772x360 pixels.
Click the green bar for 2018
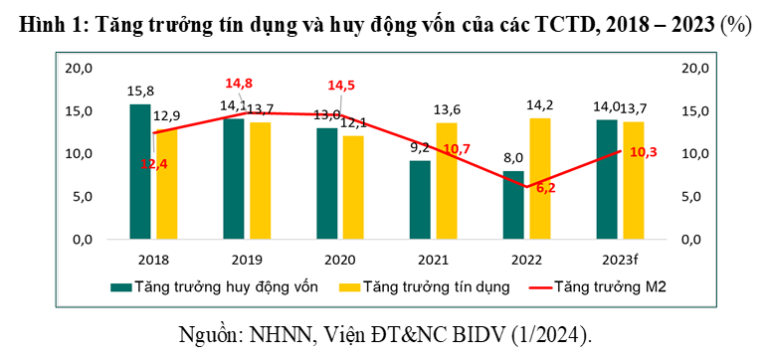(140, 171)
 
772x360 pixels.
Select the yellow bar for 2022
(540, 178)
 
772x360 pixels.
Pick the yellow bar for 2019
(260, 180)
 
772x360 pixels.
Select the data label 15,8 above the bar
(140, 92)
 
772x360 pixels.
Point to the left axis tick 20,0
(79, 68)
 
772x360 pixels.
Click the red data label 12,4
(154, 164)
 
